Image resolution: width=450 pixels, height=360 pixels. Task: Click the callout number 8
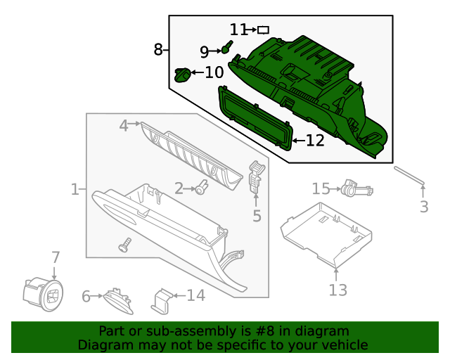pyautogui.click(x=157, y=49)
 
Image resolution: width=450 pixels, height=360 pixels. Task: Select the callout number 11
pyautogui.click(x=238, y=30)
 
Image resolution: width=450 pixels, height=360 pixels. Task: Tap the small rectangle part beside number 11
pyautogui.click(x=264, y=30)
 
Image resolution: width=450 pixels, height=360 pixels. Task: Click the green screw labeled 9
pyautogui.click(x=226, y=48)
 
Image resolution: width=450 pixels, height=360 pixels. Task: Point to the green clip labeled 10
pyautogui.click(x=182, y=73)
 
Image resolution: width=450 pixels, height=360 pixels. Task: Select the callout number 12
pyautogui.click(x=314, y=141)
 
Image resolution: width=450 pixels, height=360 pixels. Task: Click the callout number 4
pyautogui.click(x=124, y=125)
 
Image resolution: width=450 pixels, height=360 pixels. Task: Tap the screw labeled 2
pyautogui.click(x=202, y=187)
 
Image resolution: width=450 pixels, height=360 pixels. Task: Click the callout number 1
pyautogui.click(x=75, y=189)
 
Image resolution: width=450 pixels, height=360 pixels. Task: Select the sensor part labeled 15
pyautogui.click(x=354, y=188)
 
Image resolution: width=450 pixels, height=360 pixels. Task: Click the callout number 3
pyautogui.click(x=424, y=207)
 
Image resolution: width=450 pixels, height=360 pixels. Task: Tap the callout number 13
pyautogui.click(x=337, y=289)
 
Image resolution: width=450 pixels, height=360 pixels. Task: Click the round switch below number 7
pyautogui.click(x=43, y=292)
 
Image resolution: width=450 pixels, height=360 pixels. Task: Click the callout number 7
pyautogui.click(x=55, y=258)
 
